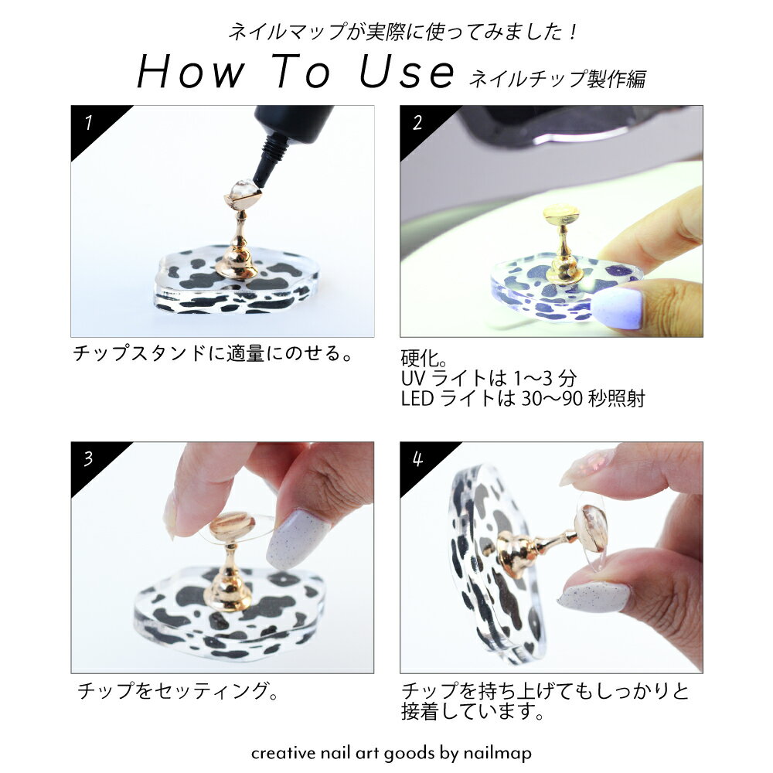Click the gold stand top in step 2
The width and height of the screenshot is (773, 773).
click(x=562, y=216)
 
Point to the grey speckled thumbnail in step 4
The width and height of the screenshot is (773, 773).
click(x=593, y=598)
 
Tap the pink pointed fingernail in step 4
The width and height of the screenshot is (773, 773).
click(x=589, y=465)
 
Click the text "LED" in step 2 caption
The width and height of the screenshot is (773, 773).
click(x=417, y=398)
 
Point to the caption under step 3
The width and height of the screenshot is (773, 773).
click(x=178, y=690)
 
